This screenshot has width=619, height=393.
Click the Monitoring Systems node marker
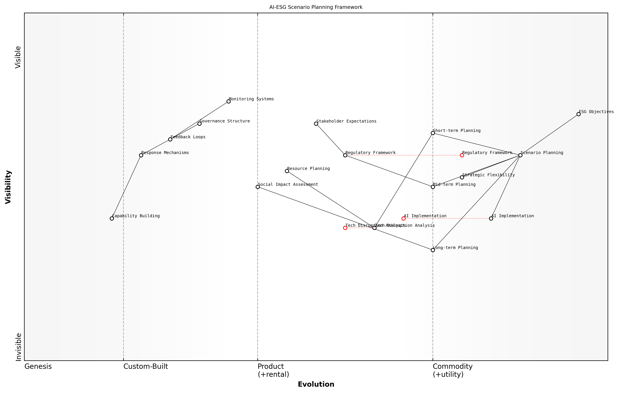click(x=229, y=102)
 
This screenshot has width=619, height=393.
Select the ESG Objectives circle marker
click(x=578, y=114)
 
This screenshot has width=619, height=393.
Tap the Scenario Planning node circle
click(x=520, y=155)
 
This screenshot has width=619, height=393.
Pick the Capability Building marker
click(x=112, y=218)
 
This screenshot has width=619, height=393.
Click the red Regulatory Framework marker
click(x=462, y=155)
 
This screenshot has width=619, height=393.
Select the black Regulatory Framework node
click(x=345, y=155)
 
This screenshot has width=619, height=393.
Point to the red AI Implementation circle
click(x=404, y=218)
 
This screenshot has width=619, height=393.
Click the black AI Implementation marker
click(x=491, y=218)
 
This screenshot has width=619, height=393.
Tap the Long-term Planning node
click(x=433, y=250)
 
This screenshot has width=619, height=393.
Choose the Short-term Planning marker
click(x=433, y=133)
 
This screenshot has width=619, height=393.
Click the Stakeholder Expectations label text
click(x=346, y=121)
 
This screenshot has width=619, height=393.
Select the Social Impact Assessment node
click(x=258, y=187)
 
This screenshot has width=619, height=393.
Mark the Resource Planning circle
click(x=287, y=171)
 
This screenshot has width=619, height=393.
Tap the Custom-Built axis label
click(x=146, y=367)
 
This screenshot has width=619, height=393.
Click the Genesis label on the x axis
click(x=38, y=367)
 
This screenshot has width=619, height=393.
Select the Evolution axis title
click(x=316, y=384)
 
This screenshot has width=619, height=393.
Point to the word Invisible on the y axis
click(x=18, y=347)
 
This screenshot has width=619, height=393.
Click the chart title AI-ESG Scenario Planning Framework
click(x=316, y=7)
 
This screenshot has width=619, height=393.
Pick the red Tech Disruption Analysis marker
click(x=345, y=228)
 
